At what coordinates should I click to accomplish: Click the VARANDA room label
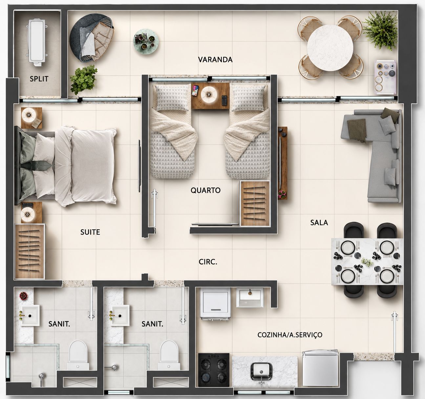click(215, 59)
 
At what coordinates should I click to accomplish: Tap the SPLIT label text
click(39, 79)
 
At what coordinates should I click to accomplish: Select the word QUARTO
click(205, 190)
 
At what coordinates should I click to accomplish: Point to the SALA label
click(319, 223)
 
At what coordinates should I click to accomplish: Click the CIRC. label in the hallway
click(208, 262)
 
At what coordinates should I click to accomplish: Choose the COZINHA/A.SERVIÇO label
click(290, 335)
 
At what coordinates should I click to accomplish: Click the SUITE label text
click(90, 232)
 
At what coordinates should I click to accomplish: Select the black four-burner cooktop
click(214, 370)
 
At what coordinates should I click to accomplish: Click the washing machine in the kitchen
click(216, 304)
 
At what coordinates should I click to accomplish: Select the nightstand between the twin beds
click(210, 96)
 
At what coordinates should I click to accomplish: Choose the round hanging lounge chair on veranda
click(92, 37)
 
